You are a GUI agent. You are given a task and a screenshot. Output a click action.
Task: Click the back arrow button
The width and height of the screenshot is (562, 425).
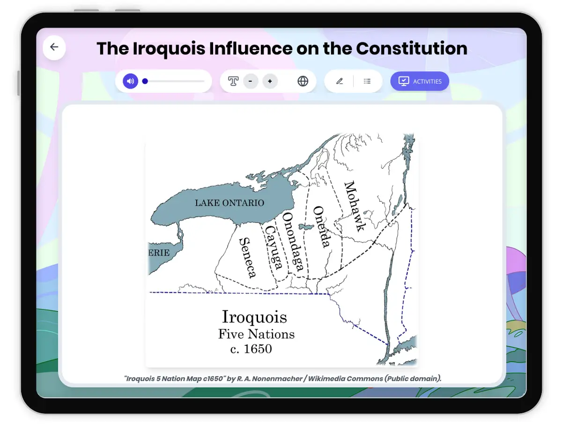tap(54, 47)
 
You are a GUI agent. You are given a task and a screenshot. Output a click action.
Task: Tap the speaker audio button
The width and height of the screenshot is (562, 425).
tap(131, 81)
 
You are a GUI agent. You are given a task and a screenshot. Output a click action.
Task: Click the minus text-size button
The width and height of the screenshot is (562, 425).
tap(251, 81)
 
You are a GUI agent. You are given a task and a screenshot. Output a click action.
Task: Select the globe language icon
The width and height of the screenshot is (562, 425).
tap(303, 81)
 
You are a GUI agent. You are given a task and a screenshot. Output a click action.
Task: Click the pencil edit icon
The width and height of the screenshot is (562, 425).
tap(340, 81)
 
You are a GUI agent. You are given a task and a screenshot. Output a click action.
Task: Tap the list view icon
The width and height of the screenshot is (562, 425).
tap(367, 81)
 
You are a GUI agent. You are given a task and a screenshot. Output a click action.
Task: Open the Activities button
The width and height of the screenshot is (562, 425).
tap(420, 81)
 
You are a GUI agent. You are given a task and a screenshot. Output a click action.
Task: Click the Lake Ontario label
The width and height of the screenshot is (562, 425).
tap(229, 203)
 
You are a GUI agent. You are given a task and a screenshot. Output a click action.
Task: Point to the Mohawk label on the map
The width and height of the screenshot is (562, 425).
tap(355, 206)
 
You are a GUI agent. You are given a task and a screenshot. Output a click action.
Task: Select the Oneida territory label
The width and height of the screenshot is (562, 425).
tap(322, 227)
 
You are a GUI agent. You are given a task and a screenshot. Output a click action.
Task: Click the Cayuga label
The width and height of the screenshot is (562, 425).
tap(274, 247)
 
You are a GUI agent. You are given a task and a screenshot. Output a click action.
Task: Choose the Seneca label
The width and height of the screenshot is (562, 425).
tap(247, 257)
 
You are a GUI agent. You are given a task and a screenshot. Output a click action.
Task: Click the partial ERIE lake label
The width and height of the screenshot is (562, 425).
tap(159, 253)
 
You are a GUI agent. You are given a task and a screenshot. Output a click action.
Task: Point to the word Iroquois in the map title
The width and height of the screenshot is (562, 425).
tap(254, 317)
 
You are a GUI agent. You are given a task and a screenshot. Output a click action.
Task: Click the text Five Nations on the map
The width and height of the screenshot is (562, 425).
tap(256, 334)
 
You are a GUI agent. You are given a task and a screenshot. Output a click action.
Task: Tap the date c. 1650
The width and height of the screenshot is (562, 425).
tap(251, 349)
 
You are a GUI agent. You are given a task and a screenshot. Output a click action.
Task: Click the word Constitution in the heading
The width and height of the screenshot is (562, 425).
tap(412, 48)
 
